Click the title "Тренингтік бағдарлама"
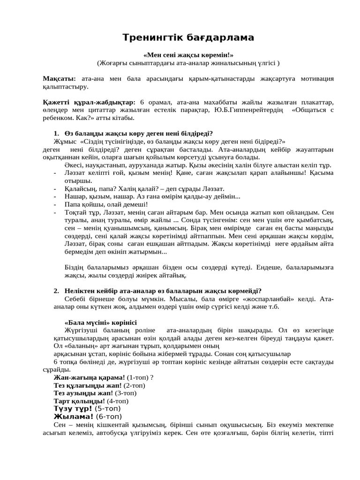coord(188,37)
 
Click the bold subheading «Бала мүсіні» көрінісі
coord(100,322)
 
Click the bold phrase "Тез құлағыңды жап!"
coord(88,385)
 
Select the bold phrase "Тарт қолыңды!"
coord(79,401)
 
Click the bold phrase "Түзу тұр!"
coord(74,408)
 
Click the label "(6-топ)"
coord(109,416)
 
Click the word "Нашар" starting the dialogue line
coord(75,196)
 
